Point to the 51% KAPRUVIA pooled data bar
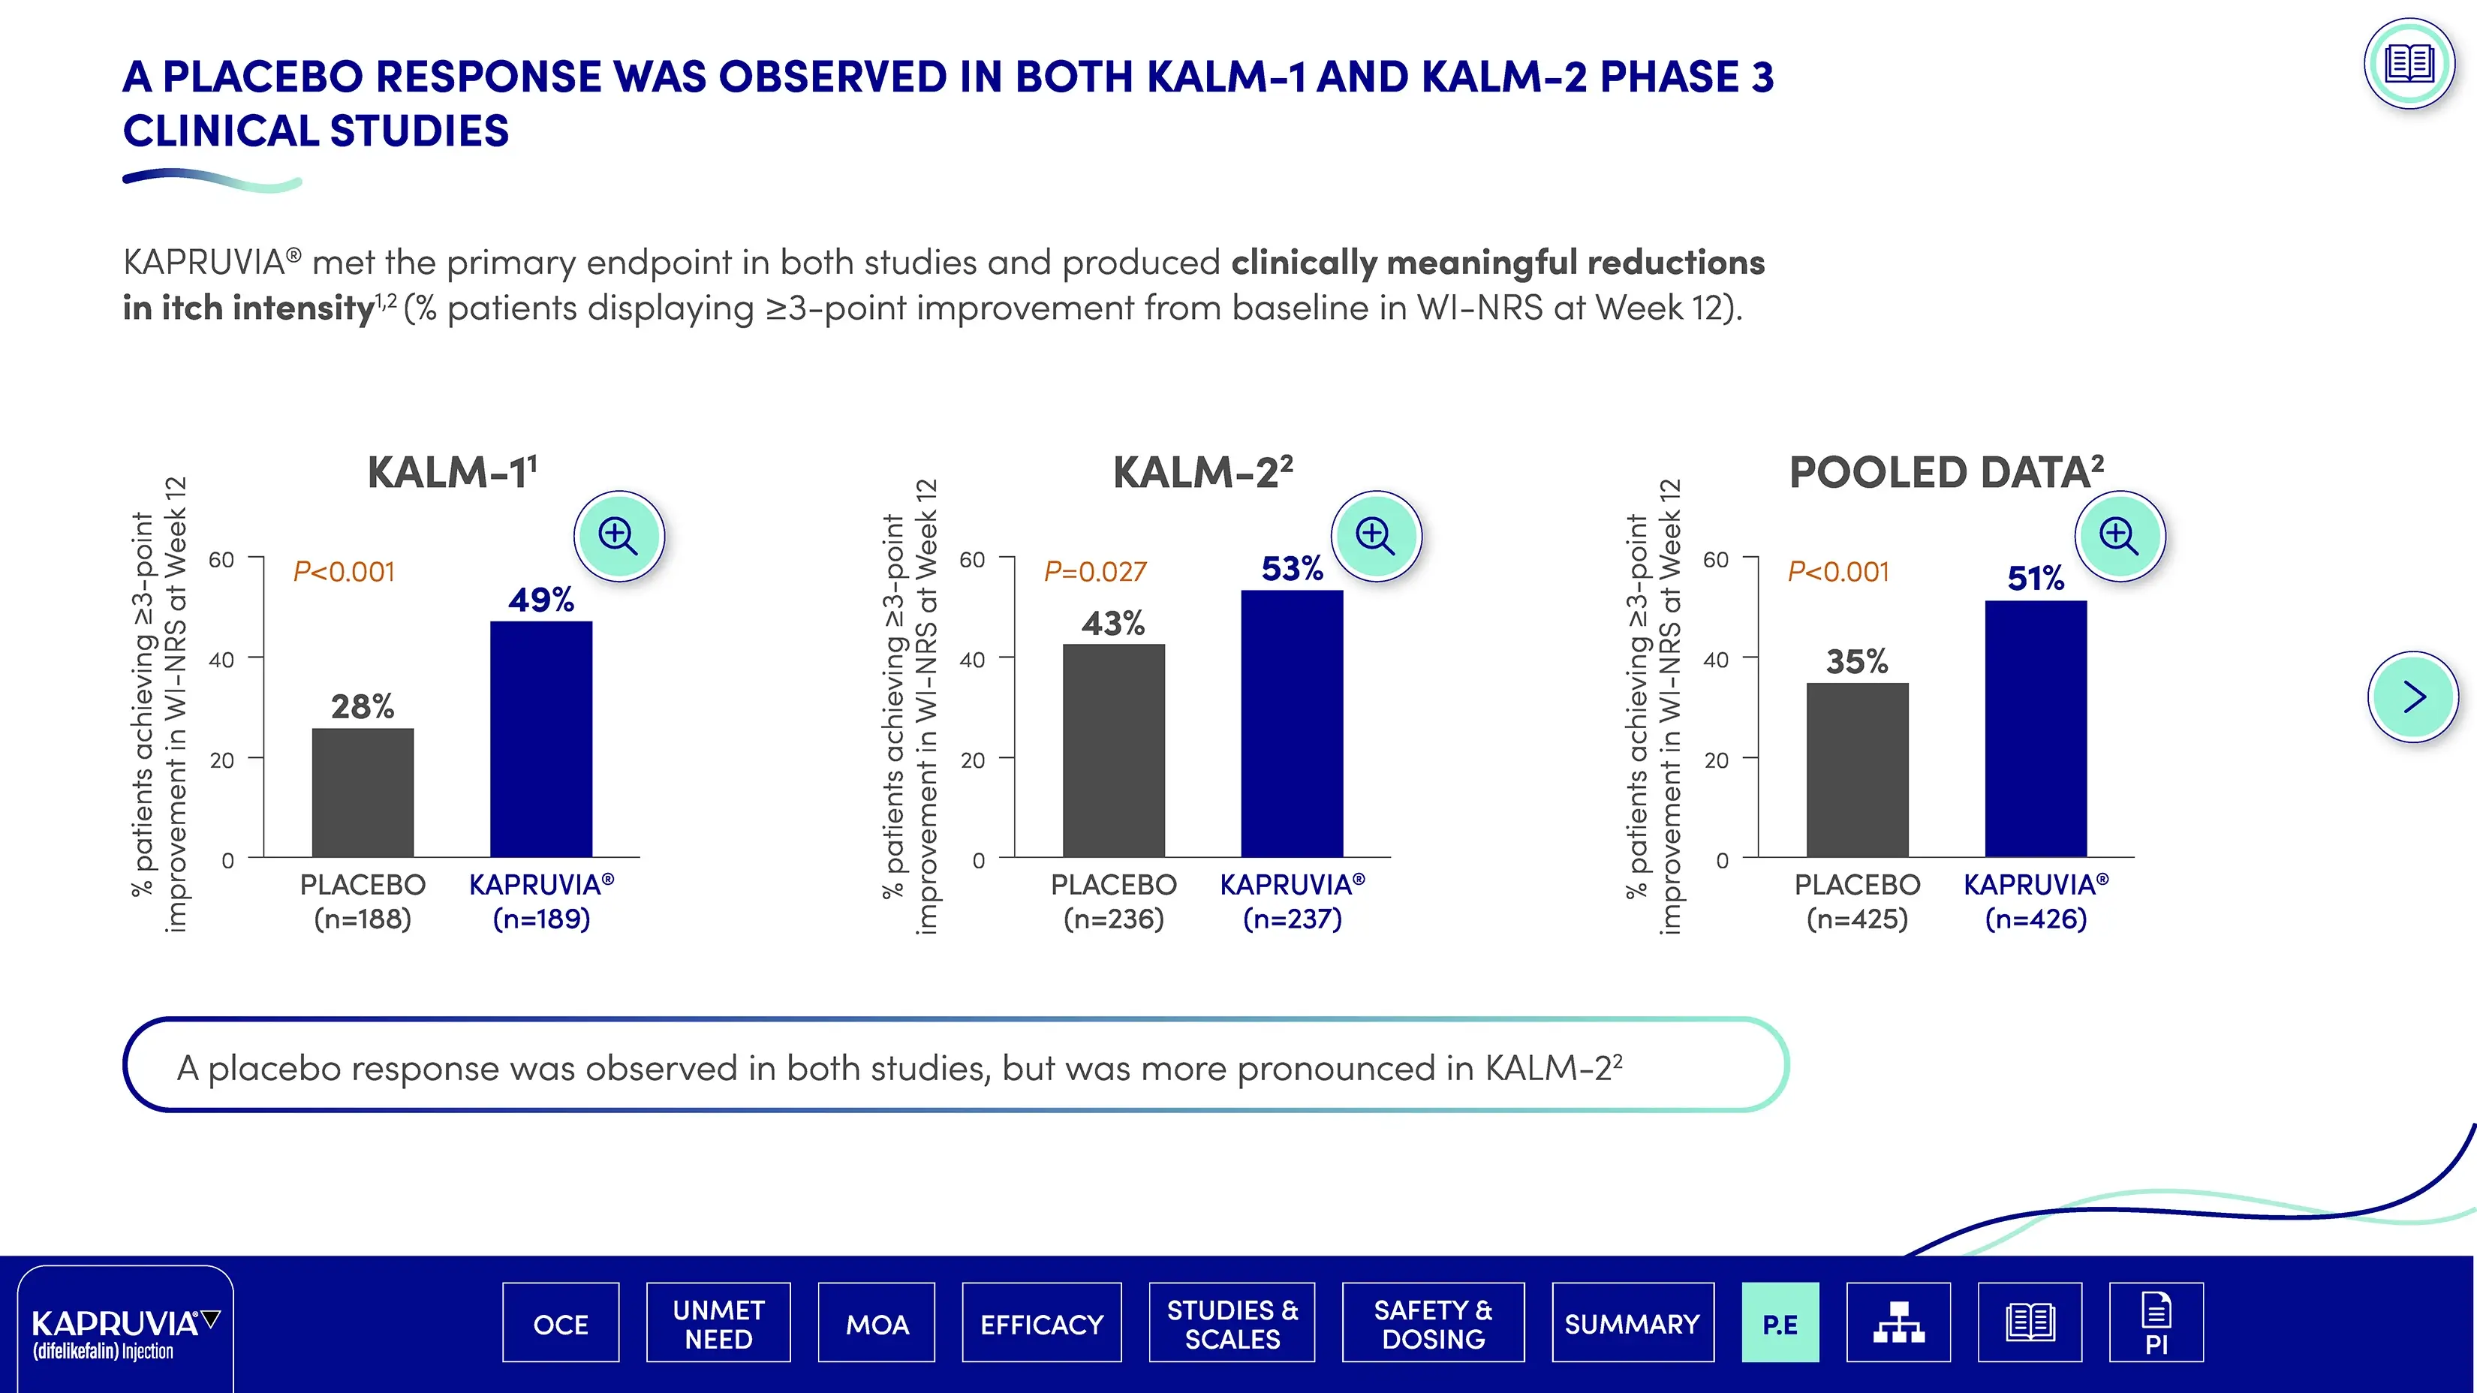[x=2036, y=728]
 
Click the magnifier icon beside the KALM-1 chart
[x=618, y=535]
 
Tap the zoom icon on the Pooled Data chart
[x=2119, y=535]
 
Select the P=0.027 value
[x=1095, y=572]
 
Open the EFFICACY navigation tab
[x=1041, y=1324]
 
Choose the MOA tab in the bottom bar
[x=876, y=1324]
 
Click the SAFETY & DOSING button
[x=1433, y=1324]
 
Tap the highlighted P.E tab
[x=1780, y=1324]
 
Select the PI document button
[x=2156, y=1324]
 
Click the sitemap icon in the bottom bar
[x=1898, y=1324]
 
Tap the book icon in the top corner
[x=2409, y=65]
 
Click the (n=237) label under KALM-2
[x=1291, y=919]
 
